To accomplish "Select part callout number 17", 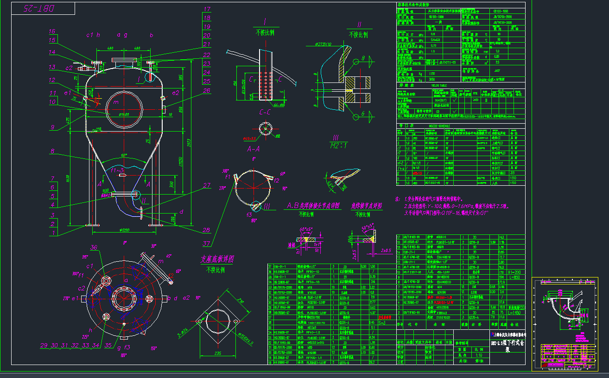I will [x=207, y=9].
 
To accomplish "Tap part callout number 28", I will [x=206, y=230].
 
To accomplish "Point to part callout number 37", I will [x=206, y=244].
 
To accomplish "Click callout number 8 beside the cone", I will [x=52, y=151].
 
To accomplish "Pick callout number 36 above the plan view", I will [x=95, y=248].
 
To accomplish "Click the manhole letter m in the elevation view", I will [x=116, y=101].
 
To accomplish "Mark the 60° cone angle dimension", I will [x=123, y=154].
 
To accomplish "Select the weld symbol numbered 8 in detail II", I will [x=363, y=58].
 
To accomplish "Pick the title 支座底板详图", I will [x=217, y=259].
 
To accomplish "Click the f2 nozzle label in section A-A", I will [x=276, y=181].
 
